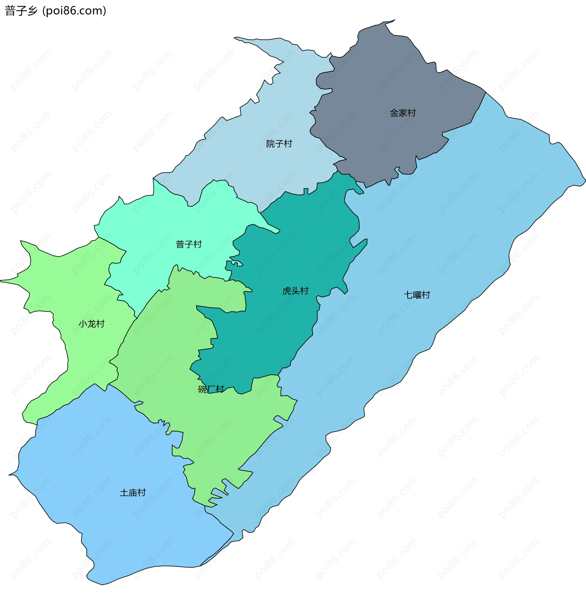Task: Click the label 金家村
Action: (403, 113)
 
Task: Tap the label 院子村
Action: (279, 144)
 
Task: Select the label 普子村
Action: (188, 244)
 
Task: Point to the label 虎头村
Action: (295, 291)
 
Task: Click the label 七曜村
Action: (417, 295)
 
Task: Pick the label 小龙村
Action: (92, 324)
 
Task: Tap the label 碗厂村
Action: (211, 389)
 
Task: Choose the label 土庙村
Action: (133, 493)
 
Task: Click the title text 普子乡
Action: (21, 11)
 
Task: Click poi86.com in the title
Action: (74, 11)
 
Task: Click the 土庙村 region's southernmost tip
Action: (102, 585)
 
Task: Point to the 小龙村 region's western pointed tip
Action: (1, 281)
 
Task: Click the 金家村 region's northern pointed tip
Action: (394, 20)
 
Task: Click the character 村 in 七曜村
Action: (426, 295)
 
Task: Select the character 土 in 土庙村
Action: (124, 493)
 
